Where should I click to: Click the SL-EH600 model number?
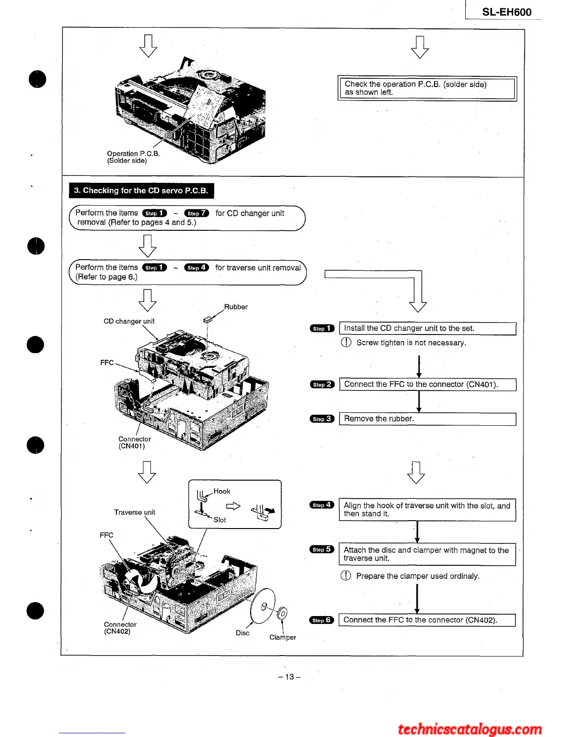coord(507,12)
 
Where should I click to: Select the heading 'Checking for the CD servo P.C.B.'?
coord(141,190)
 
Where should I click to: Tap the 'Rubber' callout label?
coord(236,307)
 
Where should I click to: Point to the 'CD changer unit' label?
coord(129,321)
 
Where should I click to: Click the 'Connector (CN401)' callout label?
coord(134,442)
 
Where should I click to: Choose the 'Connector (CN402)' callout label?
coord(120,628)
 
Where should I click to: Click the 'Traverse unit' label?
coord(135,512)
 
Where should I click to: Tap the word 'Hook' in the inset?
coord(222,491)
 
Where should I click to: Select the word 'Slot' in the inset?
coord(220,520)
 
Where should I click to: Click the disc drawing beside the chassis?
coord(263,605)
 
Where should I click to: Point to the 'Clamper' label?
coord(282,637)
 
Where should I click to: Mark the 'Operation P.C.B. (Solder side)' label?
coord(133,157)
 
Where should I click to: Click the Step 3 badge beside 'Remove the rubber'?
coord(322,419)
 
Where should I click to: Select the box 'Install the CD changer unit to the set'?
coord(427,328)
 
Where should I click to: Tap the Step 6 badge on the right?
coord(321,620)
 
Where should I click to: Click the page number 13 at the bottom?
coord(289,677)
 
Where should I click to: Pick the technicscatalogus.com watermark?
coord(470,729)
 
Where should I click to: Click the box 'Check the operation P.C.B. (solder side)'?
coord(427,88)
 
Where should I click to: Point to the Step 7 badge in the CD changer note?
coord(197,213)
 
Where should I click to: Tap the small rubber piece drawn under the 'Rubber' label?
coord(208,320)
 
